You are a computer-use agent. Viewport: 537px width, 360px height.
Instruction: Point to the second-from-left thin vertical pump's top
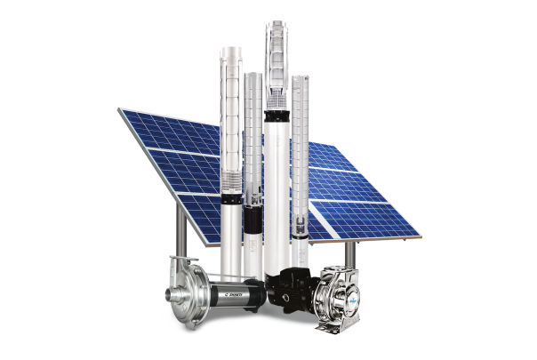click(253, 76)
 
